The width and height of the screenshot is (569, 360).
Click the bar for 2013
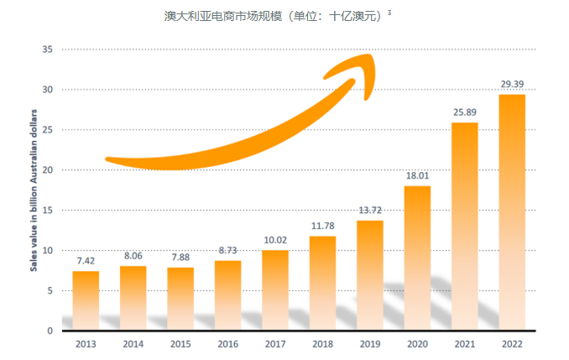point(86,300)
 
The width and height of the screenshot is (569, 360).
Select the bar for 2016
point(227,295)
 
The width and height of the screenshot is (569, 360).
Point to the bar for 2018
point(322,283)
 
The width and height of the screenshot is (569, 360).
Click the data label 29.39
point(511,85)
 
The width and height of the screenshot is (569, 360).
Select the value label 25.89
point(464,112)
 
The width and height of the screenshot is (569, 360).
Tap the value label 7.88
point(180,258)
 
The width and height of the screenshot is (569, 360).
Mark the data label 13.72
point(369,210)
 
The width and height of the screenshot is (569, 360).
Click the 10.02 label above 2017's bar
point(274,240)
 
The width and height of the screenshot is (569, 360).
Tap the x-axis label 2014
point(133,344)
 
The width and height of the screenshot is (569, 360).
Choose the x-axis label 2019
point(369,344)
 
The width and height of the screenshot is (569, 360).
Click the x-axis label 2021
point(464,344)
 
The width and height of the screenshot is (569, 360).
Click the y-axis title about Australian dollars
point(34,190)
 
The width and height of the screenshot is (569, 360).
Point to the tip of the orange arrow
point(373,58)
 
